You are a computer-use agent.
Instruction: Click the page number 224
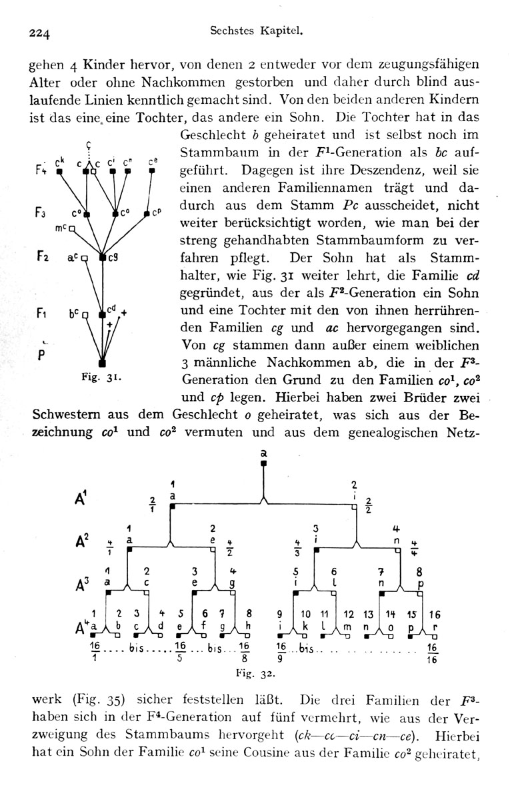pos(39,33)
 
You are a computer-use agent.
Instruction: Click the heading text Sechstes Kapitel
pos(257,31)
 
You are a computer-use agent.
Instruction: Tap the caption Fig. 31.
pos(101,378)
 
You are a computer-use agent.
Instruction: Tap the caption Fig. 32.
pos(255,674)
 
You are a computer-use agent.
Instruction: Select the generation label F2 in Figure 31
pos(43,256)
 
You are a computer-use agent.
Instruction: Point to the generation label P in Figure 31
pos(42,355)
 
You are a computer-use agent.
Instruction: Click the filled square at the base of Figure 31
pos(102,364)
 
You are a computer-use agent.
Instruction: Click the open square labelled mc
pos(72,228)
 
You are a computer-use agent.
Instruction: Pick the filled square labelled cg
pos(103,257)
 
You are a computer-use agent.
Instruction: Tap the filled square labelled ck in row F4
pos(59,172)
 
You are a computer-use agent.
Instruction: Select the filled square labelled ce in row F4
pos(152,171)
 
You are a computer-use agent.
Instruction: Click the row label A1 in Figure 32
pos(81,497)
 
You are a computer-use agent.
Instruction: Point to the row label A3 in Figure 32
pos(82,585)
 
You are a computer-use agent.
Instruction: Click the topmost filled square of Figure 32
pos(263,463)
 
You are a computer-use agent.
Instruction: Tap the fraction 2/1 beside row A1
pos(153,504)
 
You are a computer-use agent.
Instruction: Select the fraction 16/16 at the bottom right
pos(432,654)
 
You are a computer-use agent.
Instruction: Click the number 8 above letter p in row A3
pos(419,572)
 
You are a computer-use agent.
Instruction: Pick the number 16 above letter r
pos(435,615)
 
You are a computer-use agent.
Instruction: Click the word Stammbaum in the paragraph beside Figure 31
pos(219,152)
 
